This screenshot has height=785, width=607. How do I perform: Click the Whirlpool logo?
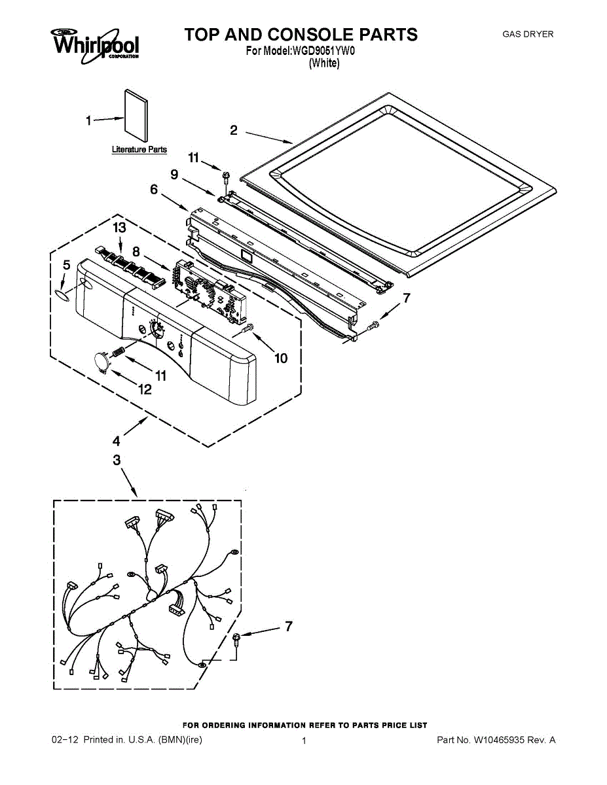point(96,46)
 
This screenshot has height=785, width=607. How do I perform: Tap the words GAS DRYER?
point(527,34)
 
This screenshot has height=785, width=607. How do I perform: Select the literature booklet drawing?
point(136,118)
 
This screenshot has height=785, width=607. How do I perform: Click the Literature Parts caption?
point(139,150)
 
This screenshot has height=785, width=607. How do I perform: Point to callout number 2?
point(234,130)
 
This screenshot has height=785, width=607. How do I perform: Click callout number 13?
point(119,228)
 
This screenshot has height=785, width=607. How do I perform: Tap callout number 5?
point(66,265)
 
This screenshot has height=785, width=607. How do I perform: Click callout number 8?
point(136,251)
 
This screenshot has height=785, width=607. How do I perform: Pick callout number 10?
point(280,358)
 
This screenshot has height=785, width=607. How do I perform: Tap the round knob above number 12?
point(101,360)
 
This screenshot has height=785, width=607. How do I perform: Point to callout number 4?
point(117,440)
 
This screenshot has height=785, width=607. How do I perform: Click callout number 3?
point(117,461)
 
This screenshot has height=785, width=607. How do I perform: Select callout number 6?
point(154,189)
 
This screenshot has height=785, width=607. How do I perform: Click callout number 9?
point(174,174)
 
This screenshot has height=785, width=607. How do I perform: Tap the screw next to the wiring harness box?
point(237,639)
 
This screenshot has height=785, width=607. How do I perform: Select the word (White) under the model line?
point(324,63)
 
